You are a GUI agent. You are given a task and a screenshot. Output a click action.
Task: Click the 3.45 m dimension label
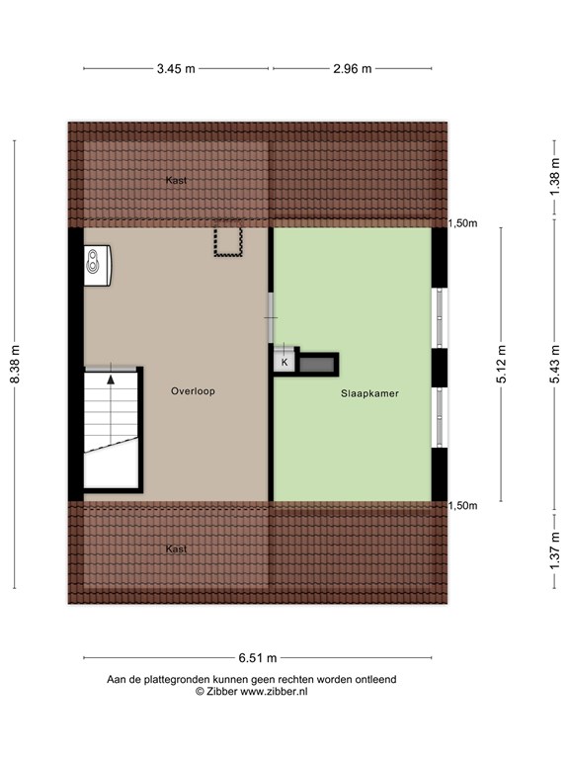176,69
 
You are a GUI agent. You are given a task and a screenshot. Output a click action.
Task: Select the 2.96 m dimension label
353,69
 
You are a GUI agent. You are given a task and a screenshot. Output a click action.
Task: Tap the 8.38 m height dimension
15,364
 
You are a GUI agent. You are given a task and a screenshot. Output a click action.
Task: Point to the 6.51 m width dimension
258,658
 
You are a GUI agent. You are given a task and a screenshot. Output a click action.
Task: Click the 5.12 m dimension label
501,364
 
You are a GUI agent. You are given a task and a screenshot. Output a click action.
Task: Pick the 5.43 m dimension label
554,364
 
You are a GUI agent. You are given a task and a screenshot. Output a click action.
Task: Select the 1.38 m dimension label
554,177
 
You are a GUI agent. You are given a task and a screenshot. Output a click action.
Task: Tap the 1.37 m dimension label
554,551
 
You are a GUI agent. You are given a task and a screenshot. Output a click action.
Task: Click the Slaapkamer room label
369,393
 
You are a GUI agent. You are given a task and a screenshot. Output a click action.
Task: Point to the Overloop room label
193,391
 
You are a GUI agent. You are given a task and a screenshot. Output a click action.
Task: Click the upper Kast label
176,180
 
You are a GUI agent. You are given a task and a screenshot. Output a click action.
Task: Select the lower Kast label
176,548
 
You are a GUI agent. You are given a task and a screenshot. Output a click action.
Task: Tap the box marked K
284,362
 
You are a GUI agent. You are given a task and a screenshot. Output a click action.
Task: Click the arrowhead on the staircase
111,379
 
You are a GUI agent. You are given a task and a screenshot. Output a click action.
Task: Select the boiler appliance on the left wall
97,265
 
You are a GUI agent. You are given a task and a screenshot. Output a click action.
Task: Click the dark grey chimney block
317,364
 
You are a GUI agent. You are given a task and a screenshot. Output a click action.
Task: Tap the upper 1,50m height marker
462,223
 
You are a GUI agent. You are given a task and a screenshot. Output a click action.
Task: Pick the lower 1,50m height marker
462,506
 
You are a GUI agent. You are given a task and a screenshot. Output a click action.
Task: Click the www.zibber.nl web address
274,692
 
